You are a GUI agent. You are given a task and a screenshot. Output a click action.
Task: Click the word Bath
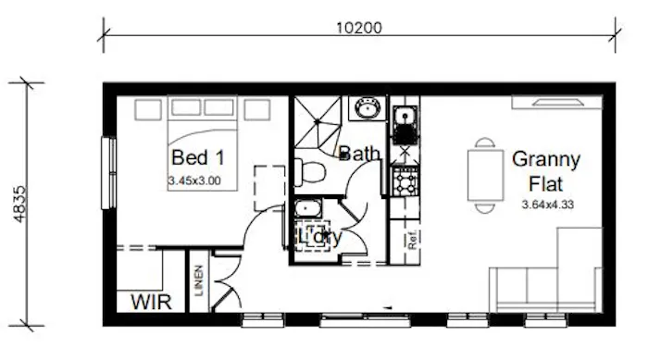tap(359, 153)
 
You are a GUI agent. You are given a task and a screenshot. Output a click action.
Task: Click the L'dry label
tap(318, 237)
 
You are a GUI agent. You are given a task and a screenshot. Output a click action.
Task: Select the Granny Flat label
tap(546, 168)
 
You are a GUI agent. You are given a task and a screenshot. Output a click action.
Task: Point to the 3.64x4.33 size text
tap(548, 205)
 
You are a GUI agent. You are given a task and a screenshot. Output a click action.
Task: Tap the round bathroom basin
tap(367, 110)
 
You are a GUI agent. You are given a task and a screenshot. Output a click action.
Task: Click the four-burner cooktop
tap(405, 181)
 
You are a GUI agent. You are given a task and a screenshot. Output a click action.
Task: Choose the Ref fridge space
tap(409, 242)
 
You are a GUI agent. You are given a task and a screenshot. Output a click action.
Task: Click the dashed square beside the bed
tap(268, 179)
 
